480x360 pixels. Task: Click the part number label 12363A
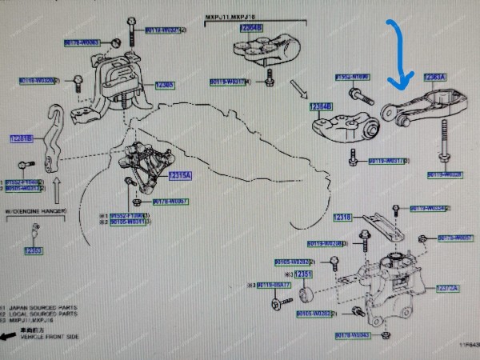(x=435, y=78)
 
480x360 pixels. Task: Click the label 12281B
(x=21, y=138)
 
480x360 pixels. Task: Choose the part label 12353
(x=33, y=250)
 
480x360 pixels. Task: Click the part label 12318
(x=343, y=217)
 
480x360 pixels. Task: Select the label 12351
(x=304, y=275)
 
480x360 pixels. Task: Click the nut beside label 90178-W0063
(x=117, y=42)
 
